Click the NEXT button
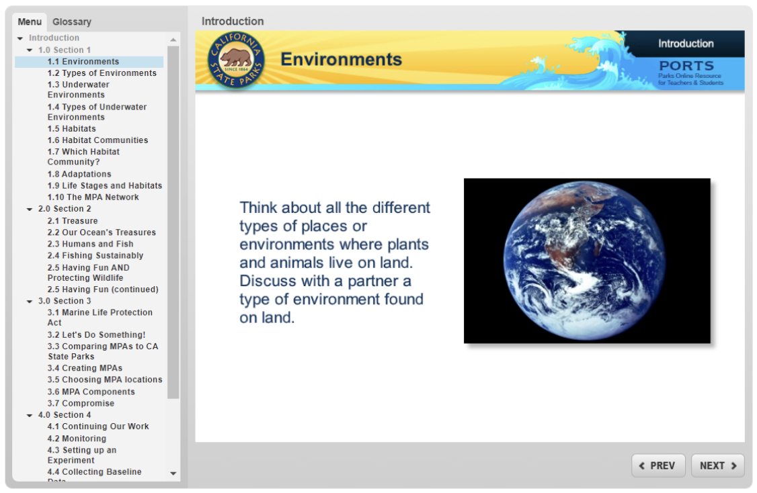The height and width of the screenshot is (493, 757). click(717, 465)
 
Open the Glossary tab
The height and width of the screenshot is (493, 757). click(72, 21)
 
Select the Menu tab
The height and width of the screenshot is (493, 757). click(30, 21)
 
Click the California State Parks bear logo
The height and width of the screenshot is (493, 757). click(235, 60)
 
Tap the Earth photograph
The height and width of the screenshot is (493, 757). click(587, 261)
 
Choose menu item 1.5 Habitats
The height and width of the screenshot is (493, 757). click(71, 129)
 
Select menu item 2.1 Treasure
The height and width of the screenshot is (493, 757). click(72, 221)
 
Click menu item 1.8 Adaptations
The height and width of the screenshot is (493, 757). click(79, 174)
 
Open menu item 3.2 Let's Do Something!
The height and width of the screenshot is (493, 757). click(96, 334)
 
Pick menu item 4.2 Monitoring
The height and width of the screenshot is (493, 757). click(77, 439)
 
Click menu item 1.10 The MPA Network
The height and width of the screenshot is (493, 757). click(93, 197)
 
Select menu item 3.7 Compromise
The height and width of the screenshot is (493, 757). click(81, 404)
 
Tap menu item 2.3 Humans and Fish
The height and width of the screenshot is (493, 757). click(90, 244)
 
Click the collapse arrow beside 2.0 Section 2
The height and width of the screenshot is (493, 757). click(30, 210)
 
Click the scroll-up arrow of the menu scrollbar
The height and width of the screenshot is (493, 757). click(173, 40)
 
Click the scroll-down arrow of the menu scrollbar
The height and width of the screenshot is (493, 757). click(173, 474)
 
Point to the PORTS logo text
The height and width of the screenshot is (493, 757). click(686, 66)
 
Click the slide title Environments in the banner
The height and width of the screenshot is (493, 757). click(341, 60)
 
